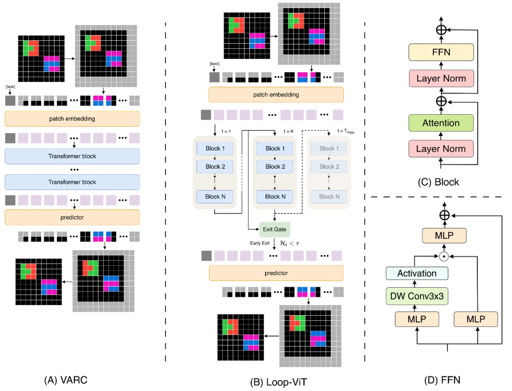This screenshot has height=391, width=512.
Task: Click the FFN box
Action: pos(441,52)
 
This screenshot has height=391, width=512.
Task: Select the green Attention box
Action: pos(441,123)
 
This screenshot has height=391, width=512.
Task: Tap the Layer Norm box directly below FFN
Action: pos(441,79)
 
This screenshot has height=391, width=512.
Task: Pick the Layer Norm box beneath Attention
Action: pos(441,149)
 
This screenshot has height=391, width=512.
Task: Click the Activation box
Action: pos(417,273)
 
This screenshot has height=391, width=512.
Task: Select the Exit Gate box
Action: pos(274,229)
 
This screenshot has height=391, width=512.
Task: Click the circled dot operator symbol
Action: pos(444,256)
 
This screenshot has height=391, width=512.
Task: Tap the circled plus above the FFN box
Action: pos(441,30)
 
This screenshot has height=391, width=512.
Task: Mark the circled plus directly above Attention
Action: pos(441,101)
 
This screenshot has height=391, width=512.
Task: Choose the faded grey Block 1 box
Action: pos(329,148)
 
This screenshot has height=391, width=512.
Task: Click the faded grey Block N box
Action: pos(329,196)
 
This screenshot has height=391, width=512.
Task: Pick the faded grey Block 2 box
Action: pos(329,166)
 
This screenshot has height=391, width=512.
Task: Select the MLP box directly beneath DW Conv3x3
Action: pos(417,319)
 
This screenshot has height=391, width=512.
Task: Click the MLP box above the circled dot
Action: pos(444,236)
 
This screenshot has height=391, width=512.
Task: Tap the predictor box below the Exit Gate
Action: pos(276,273)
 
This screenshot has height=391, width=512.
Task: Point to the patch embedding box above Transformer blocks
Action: pos(72,119)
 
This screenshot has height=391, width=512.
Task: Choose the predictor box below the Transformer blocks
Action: pos(72,218)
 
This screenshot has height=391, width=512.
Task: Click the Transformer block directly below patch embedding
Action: pos(72,156)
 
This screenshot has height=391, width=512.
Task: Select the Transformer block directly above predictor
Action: pos(72,182)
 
